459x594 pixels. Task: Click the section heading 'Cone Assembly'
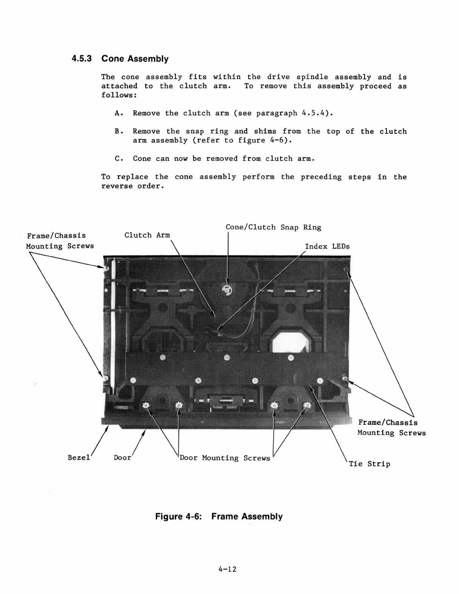click(x=135, y=59)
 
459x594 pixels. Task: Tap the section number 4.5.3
click(x=82, y=59)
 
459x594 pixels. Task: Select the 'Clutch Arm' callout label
click(x=147, y=235)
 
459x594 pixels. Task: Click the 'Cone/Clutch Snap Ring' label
click(x=273, y=227)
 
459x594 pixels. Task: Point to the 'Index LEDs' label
click(x=327, y=246)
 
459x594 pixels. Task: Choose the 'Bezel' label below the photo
click(x=79, y=458)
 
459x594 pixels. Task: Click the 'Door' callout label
click(x=122, y=458)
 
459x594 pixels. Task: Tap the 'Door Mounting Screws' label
click(x=225, y=458)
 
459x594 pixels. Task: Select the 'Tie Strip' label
click(x=369, y=464)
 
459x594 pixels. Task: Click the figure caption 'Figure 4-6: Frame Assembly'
click(x=219, y=516)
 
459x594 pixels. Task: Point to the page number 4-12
click(x=227, y=569)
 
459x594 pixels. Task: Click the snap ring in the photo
click(x=227, y=290)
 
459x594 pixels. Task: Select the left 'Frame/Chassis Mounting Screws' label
click(x=60, y=241)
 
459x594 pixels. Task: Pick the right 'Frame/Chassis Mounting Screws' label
click(x=391, y=428)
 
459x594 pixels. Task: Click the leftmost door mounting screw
click(x=146, y=406)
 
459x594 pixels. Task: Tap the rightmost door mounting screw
click(x=307, y=406)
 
